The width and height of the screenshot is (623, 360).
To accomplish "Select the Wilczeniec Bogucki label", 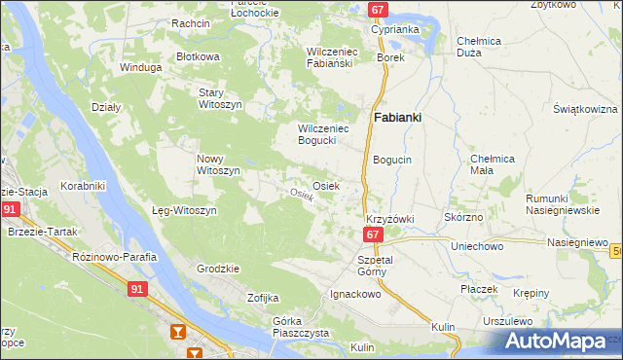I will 321,133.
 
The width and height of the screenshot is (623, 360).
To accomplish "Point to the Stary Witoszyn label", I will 217,97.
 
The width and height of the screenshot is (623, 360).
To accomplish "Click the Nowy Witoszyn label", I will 218,164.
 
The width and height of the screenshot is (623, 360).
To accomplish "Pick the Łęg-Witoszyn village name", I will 184,210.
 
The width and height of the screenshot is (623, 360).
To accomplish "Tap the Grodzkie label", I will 218,268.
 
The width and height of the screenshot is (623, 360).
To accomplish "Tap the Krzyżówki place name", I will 389,219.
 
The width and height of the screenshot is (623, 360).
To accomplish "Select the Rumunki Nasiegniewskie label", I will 564,203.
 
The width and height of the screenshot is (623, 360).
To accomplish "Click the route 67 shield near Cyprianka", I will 379,10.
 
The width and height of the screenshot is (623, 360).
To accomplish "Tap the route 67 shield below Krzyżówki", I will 373,235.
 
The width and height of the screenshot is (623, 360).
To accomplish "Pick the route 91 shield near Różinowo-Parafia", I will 140,288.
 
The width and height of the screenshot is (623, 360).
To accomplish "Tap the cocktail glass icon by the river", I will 178,333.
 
